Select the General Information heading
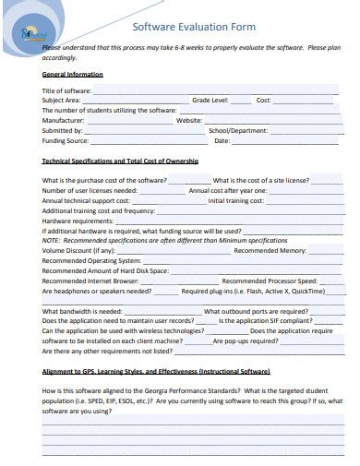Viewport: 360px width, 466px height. point(73,74)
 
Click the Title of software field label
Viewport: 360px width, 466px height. point(66,90)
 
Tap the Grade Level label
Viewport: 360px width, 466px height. point(210,100)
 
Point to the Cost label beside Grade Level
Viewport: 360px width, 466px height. point(263,100)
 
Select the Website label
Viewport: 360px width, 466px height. point(189,120)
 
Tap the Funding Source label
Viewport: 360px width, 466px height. point(66,140)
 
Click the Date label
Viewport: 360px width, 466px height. point(222,140)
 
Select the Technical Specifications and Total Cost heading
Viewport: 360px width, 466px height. point(120,161)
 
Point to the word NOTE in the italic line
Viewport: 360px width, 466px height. point(51,240)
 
